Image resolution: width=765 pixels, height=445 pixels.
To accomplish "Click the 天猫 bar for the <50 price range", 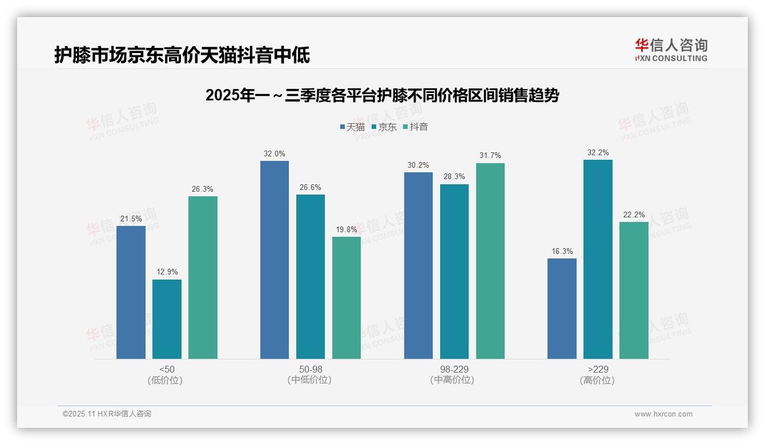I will [131, 292].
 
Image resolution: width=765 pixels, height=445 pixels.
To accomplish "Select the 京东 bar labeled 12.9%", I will [167, 319].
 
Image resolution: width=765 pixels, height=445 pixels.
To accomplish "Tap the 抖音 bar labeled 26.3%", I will [203, 277].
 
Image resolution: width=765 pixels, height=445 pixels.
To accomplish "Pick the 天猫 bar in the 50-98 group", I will [275, 260].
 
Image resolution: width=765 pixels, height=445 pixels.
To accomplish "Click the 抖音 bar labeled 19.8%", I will [347, 297].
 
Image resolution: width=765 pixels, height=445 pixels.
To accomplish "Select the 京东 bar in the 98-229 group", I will [454, 271].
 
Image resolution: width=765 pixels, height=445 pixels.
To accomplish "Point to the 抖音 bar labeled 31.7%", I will [490, 261].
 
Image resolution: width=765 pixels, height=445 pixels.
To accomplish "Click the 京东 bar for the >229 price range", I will [598, 259].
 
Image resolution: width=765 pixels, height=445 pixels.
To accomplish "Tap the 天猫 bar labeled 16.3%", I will [562, 308].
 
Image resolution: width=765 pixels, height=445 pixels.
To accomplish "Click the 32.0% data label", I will [275, 154].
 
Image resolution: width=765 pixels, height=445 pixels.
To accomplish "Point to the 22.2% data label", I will [634, 215].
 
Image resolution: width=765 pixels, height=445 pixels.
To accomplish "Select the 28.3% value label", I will [454, 177].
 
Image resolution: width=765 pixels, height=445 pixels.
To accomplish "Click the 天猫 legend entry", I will [352, 127].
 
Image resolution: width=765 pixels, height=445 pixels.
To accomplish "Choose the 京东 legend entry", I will [384, 127].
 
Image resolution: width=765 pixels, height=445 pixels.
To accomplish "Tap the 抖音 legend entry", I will [416, 127].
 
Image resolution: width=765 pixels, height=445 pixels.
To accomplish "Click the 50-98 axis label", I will [311, 370].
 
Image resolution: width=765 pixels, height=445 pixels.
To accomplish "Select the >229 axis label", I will [598, 370].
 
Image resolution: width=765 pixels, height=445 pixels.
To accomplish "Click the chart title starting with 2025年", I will [382, 95].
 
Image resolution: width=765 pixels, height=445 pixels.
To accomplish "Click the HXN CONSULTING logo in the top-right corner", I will [671, 50].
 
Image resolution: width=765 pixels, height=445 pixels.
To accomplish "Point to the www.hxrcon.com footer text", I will [663, 414].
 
